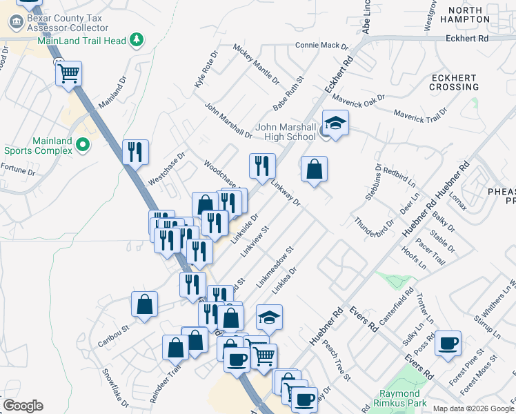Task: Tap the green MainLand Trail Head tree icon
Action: click(x=137, y=40)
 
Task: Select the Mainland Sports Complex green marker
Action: click(x=83, y=145)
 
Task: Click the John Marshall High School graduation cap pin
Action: click(x=335, y=123)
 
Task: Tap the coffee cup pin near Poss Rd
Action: click(x=448, y=343)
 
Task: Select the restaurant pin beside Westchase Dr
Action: click(x=135, y=151)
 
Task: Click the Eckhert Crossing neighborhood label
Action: click(x=454, y=82)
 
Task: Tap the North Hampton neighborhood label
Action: click(x=472, y=14)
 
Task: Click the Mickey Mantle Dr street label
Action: click(x=256, y=63)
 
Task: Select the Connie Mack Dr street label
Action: click(x=322, y=46)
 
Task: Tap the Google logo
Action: click(x=23, y=406)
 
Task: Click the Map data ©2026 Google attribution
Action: click(x=473, y=408)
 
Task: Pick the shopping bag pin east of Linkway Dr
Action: click(x=314, y=169)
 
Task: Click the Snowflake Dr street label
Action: click(x=115, y=384)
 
